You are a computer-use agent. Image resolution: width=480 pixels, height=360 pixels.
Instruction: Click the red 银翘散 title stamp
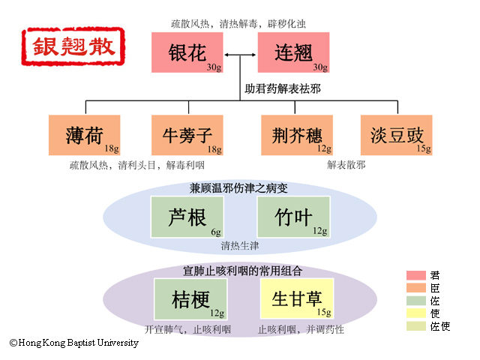[73, 46]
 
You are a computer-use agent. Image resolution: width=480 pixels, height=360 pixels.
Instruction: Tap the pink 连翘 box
[293, 52]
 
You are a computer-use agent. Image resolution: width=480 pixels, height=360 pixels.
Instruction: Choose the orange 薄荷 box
[84, 135]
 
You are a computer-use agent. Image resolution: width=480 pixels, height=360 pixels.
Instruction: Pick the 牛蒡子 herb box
[188, 135]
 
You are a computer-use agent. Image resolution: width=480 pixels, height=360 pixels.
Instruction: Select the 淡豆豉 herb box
[397, 135]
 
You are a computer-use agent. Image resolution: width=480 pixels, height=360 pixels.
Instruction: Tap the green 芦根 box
[187, 217]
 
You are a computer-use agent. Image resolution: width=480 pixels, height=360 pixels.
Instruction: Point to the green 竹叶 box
[293, 217]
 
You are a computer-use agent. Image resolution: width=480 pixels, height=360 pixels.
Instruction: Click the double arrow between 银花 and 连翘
[241, 55]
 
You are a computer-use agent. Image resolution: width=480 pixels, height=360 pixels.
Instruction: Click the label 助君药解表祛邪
[283, 88]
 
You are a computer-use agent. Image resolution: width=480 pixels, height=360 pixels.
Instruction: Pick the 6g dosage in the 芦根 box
[216, 232]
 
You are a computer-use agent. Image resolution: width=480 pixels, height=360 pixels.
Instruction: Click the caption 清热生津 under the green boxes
[240, 245]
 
